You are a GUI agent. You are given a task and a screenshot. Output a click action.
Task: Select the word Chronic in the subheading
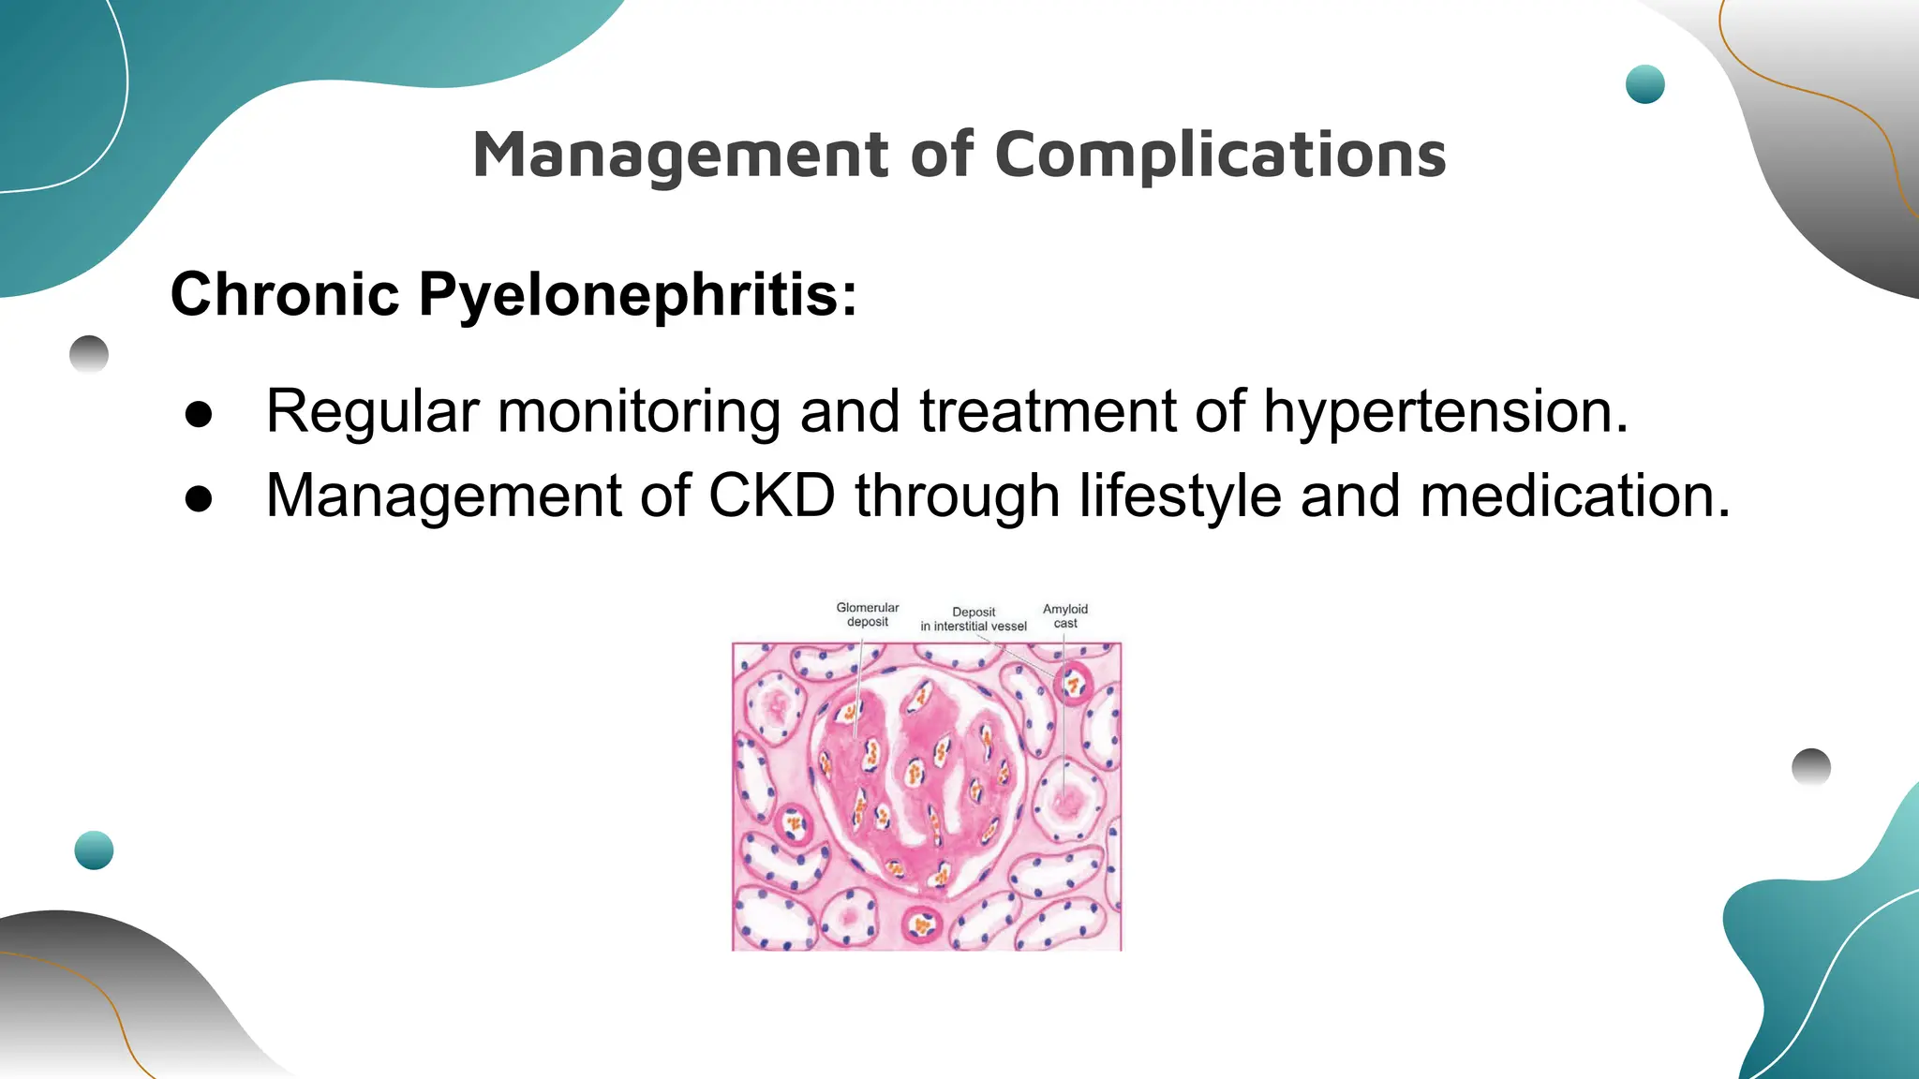pos(285,294)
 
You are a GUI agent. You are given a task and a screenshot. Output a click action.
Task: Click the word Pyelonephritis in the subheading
pos(637,294)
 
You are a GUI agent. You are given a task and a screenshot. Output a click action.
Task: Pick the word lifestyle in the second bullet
pos(1180,496)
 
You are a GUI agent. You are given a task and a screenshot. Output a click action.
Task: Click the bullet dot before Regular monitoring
pos(199,414)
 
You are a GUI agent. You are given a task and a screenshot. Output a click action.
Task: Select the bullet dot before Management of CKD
pos(199,498)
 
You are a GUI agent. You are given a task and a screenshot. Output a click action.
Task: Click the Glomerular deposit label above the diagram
pos(867,614)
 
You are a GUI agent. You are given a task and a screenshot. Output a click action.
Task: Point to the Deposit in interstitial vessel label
pos(974,619)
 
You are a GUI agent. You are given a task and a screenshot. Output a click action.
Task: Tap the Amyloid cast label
pos(1065,615)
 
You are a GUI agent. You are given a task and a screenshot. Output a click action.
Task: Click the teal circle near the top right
pos(1644,84)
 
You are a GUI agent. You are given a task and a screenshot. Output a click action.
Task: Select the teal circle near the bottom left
pos(94,850)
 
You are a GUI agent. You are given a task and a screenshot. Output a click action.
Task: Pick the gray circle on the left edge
pos(89,355)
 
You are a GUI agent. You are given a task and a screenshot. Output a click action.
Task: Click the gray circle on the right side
pos(1810,767)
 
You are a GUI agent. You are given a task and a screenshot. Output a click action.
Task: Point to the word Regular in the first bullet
pos(372,412)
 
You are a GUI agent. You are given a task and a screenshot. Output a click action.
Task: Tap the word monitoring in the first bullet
pos(638,412)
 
